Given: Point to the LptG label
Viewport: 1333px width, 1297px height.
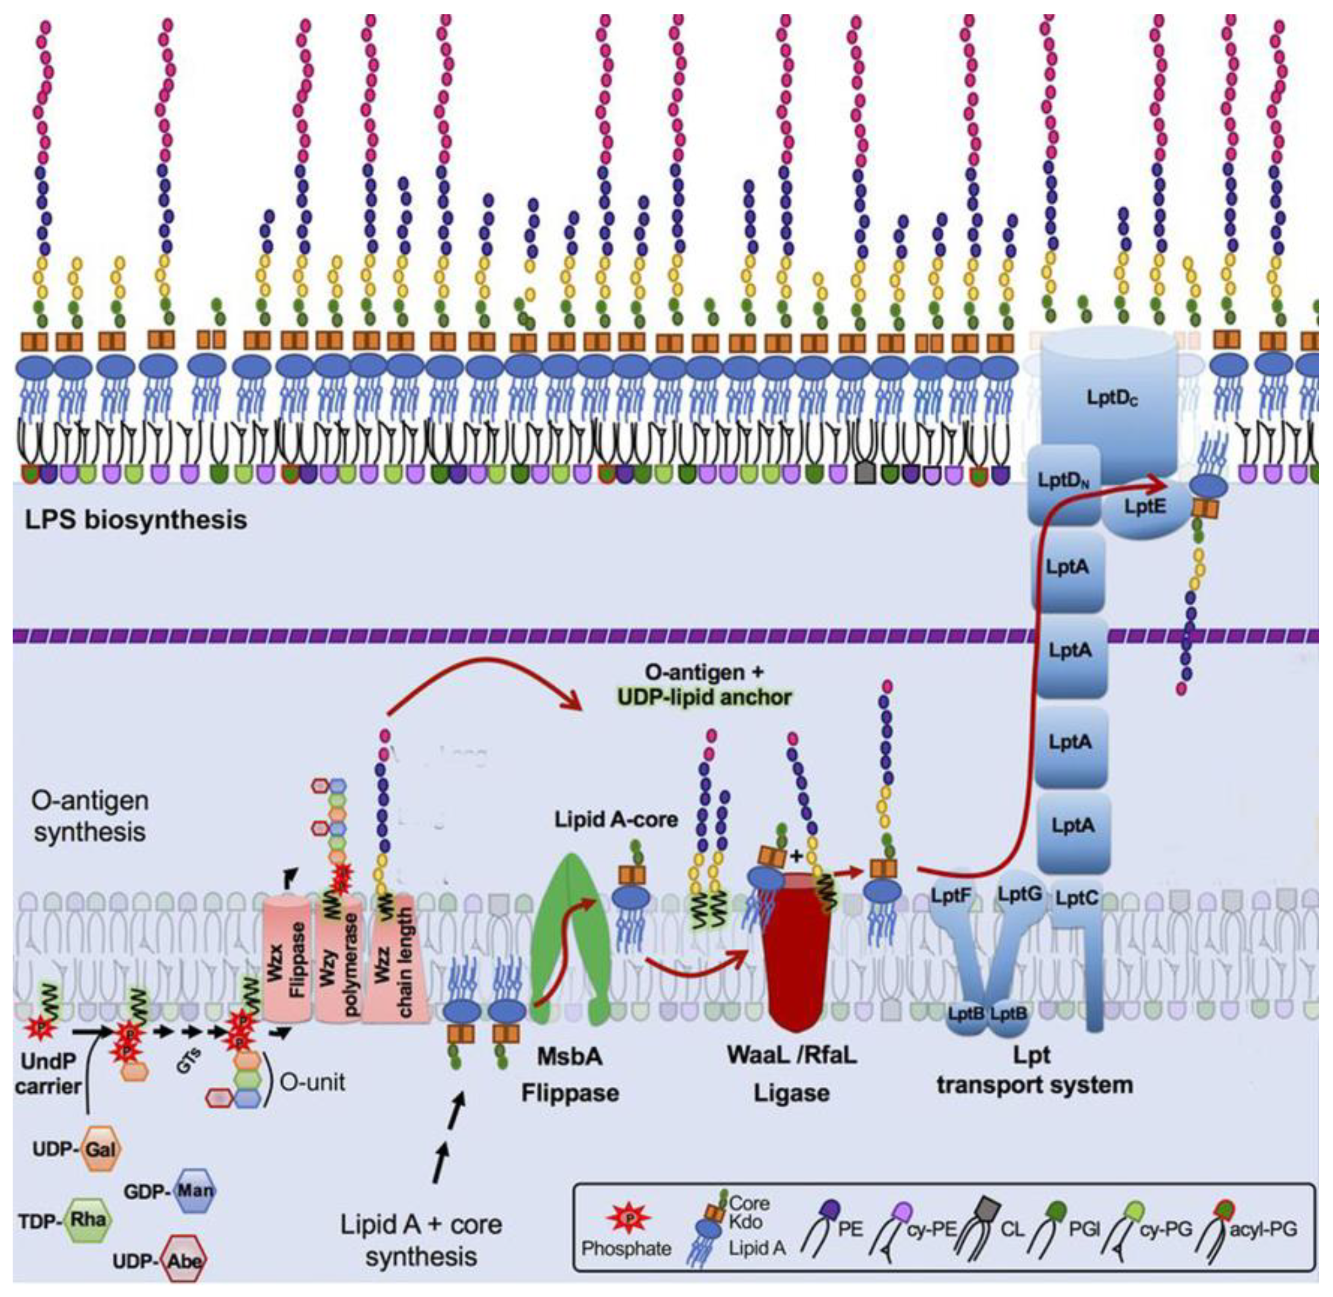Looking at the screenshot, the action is tap(1020, 894).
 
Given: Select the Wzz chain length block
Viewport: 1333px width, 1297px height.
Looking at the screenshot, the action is tap(396, 960).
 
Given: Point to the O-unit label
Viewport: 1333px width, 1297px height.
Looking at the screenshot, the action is tap(313, 1082).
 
